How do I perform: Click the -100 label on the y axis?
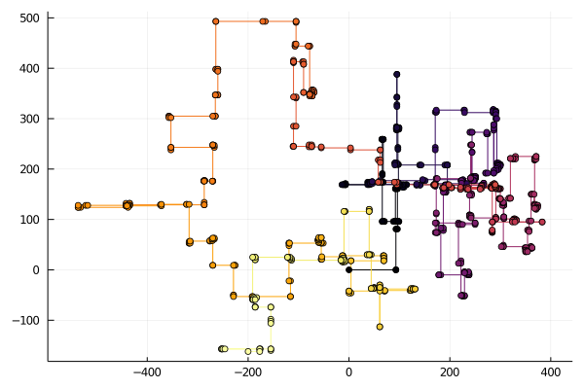click(x=28, y=320)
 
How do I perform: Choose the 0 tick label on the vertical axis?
click(x=38, y=269)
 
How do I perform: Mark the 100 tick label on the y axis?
click(x=31, y=219)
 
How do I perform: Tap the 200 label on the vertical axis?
click(x=31, y=169)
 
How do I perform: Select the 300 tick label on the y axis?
click(x=31, y=119)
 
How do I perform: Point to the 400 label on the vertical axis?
click(x=31, y=68)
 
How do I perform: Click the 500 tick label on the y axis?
click(x=31, y=18)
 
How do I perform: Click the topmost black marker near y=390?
click(x=397, y=74)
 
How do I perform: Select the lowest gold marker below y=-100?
click(x=380, y=327)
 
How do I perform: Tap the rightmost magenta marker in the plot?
click(x=542, y=222)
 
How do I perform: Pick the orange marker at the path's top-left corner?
click(x=216, y=21)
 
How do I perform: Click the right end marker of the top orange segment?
click(x=296, y=21)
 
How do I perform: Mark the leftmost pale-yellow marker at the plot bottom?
click(x=222, y=348)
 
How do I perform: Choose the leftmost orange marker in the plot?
click(x=79, y=206)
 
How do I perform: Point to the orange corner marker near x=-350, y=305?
click(x=169, y=117)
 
